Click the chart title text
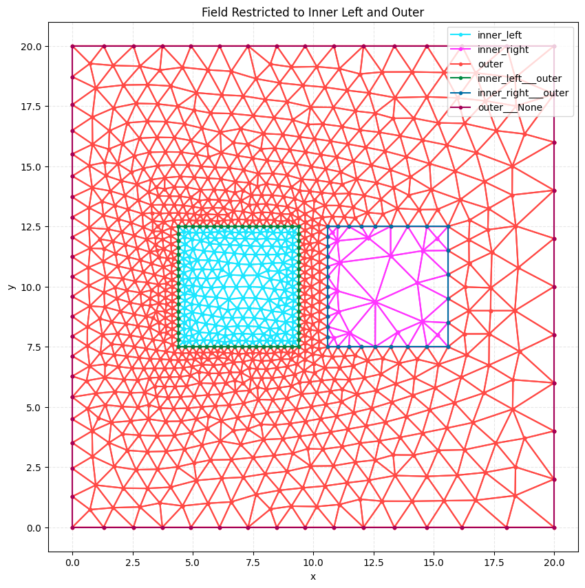coord(312,12)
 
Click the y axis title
coord(12,287)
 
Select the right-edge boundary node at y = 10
coord(554,287)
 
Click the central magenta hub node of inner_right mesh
coord(375,301)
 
